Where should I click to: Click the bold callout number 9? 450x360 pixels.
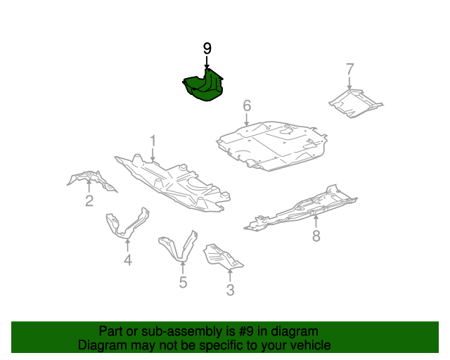[207, 49]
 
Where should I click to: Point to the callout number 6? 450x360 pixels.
[247, 105]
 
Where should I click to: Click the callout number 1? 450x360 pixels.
[153, 141]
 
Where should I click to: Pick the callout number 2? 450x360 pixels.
[89, 200]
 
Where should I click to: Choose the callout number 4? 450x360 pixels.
[128, 260]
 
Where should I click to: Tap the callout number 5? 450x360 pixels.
[183, 282]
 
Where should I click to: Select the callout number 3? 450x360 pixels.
[230, 290]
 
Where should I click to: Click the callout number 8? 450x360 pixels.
[316, 236]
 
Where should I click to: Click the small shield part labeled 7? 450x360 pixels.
[356, 103]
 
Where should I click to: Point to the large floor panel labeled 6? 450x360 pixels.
[271, 146]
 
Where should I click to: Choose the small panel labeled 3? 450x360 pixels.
[222, 257]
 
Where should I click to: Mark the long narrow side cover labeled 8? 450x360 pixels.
[300, 208]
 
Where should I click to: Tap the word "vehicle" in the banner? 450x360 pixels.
[313, 345]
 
